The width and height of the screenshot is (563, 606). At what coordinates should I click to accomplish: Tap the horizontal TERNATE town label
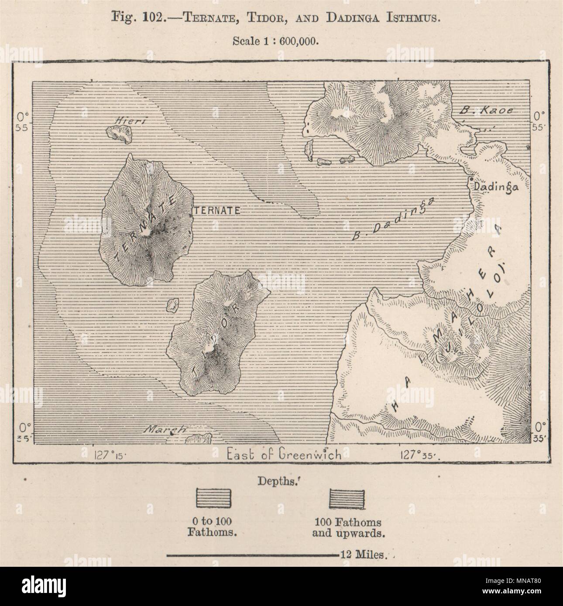click(217, 210)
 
